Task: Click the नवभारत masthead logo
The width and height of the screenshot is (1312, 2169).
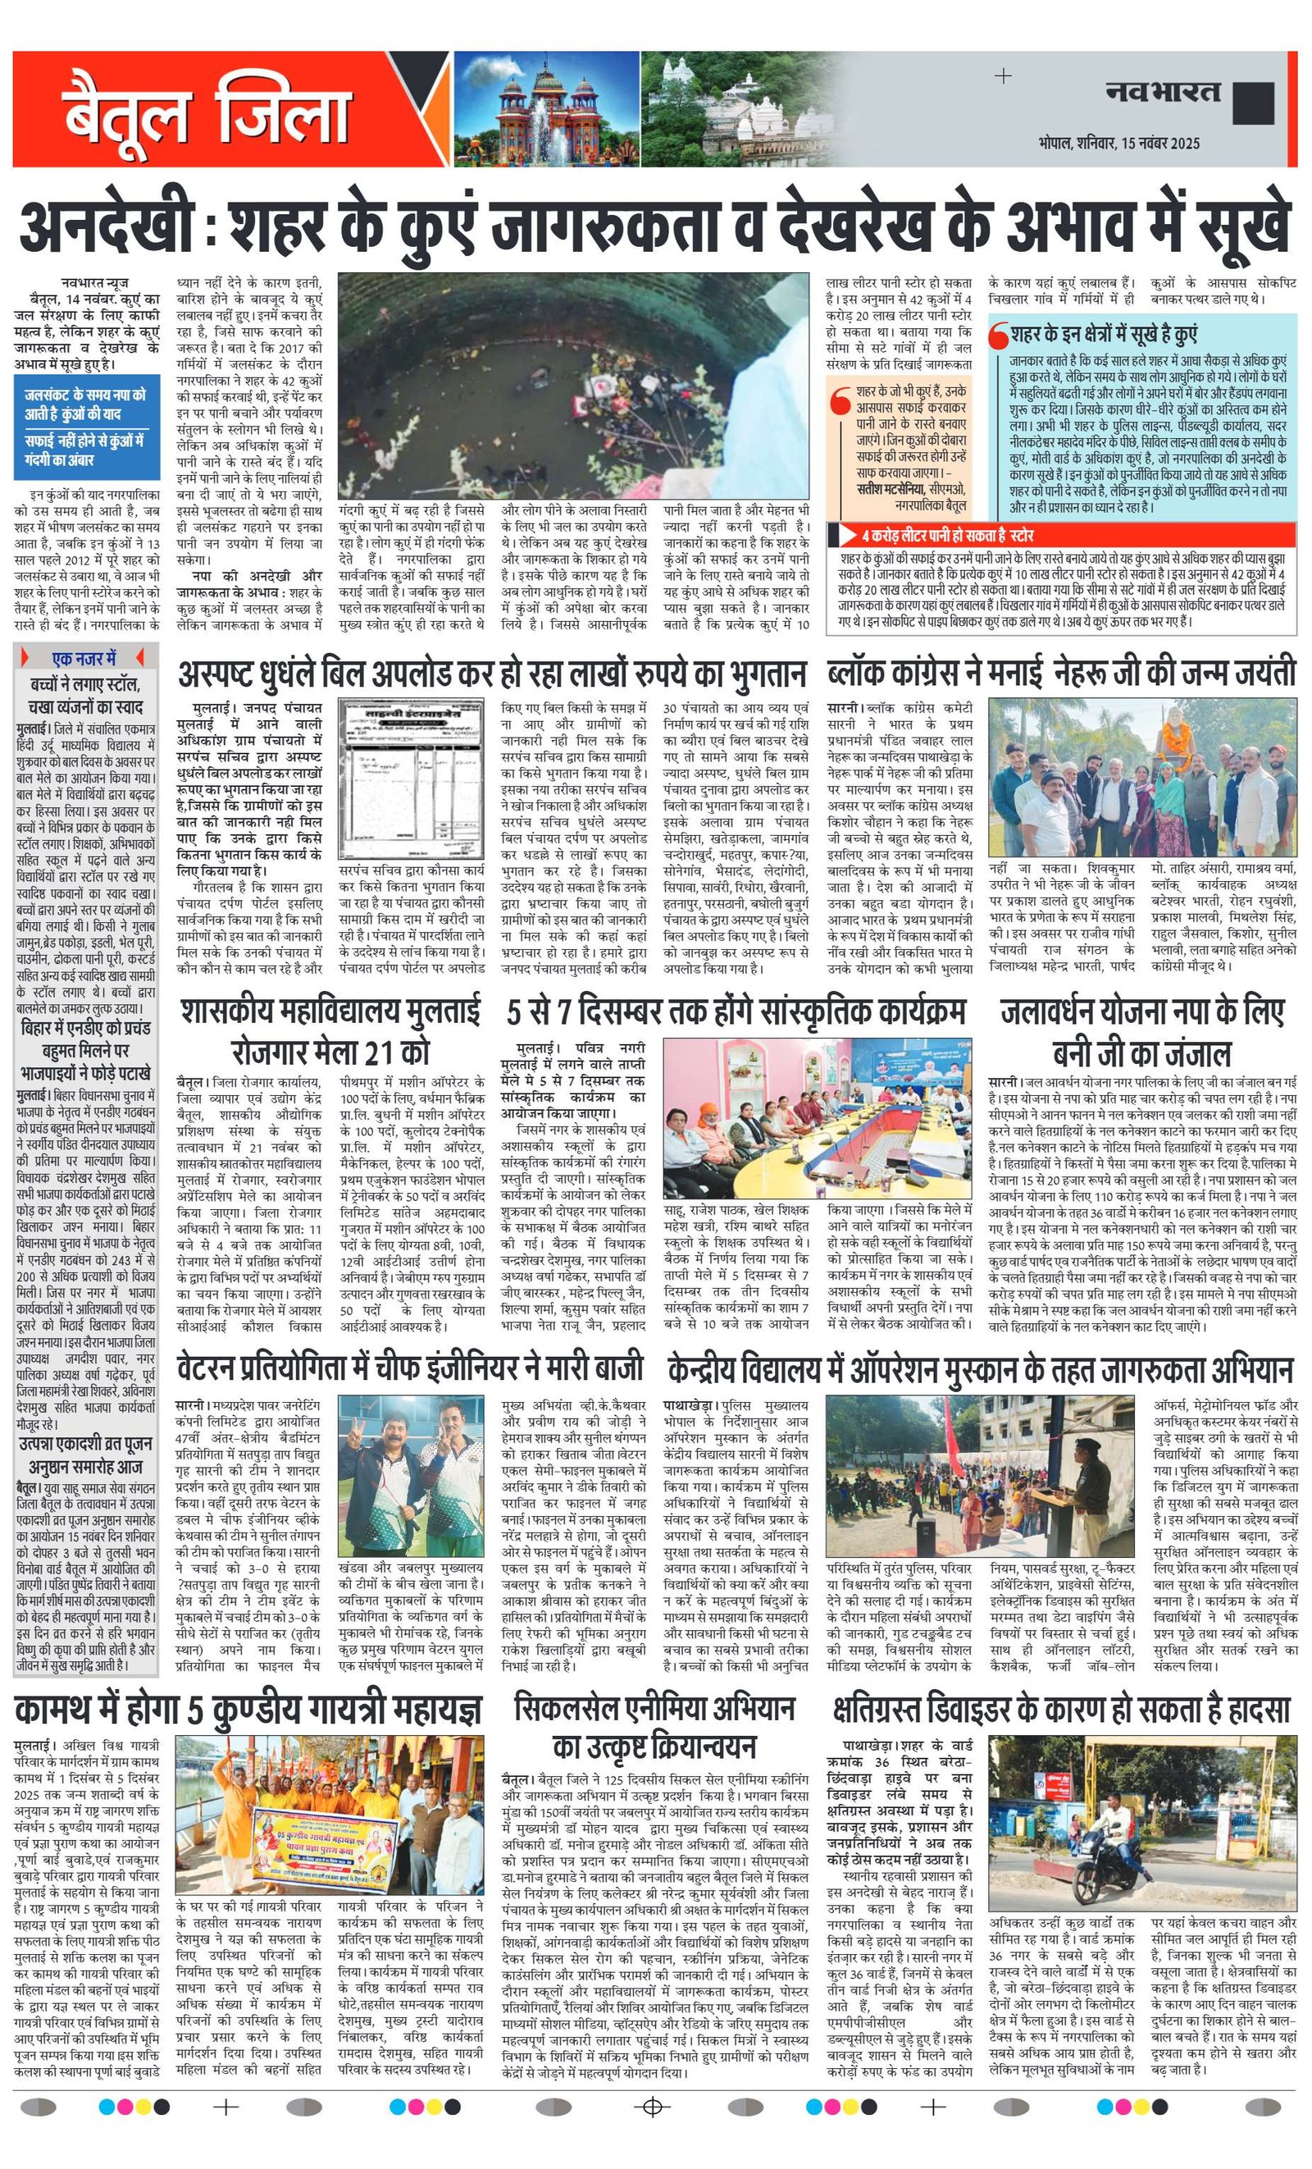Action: (1164, 91)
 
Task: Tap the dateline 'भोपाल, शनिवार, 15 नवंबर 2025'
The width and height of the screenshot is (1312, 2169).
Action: (1118, 143)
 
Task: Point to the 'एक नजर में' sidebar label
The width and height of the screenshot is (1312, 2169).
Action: (85, 658)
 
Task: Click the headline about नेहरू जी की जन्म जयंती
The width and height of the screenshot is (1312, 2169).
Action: (1061, 674)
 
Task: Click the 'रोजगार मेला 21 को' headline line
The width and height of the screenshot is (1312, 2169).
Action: (330, 1052)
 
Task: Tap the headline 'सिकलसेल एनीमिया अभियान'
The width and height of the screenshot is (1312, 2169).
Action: (654, 1708)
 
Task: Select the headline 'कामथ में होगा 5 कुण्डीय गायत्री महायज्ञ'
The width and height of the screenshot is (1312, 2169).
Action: (249, 1710)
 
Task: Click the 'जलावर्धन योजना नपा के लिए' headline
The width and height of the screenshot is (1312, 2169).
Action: (1141, 1012)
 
